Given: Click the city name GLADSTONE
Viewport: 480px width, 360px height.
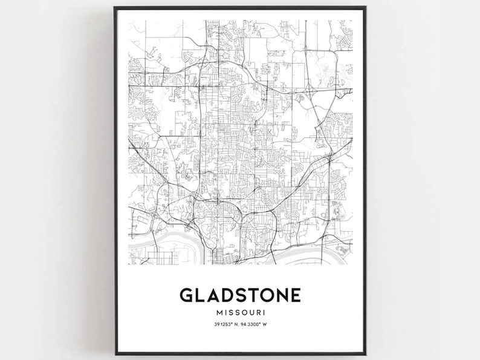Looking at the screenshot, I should [240, 295].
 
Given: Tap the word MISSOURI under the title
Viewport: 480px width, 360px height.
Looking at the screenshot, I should [240, 313].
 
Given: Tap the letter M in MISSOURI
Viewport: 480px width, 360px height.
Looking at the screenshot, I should [218, 313].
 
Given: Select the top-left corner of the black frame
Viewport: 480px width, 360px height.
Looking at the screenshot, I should [115, 8].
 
